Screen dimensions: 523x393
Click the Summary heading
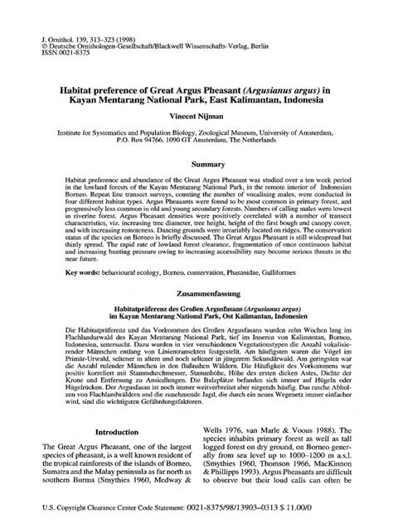196,166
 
